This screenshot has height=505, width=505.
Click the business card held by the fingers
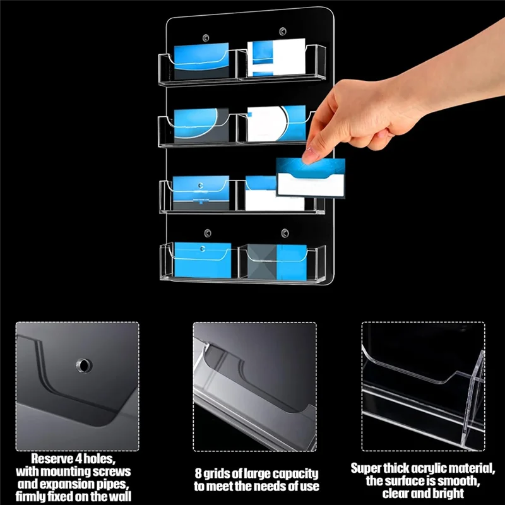coord(311,180)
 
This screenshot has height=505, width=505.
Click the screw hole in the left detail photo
coord(83,364)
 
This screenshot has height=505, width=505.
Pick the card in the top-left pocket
coord(201,61)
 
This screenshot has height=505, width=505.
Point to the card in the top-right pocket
coord(275,59)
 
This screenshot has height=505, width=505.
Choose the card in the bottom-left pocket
coord(202,259)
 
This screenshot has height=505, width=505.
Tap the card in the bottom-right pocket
coord(276,261)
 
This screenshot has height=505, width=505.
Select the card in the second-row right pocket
coord(276,123)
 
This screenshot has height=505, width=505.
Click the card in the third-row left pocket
coord(201,193)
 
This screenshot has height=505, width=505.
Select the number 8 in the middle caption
coord(197,473)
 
